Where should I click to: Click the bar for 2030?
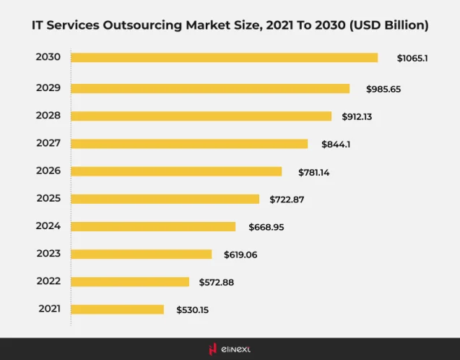(x=224, y=57)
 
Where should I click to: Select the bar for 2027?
(x=189, y=144)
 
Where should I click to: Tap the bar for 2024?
(x=153, y=226)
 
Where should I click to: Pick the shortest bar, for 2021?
(x=118, y=309)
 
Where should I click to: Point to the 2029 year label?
(x=48, y=87)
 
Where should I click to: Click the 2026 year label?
(x=48, y=171)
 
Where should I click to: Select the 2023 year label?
(x=48, y=254)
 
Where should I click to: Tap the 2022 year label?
(x=48, y=281)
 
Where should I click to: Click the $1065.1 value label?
(x=412, y=58)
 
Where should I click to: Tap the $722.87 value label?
(x=287, y=200)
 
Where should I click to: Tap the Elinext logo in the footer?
(x=229, y=349)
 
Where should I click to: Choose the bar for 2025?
(x=165, y=199)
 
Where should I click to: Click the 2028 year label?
(x=48, y=115)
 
